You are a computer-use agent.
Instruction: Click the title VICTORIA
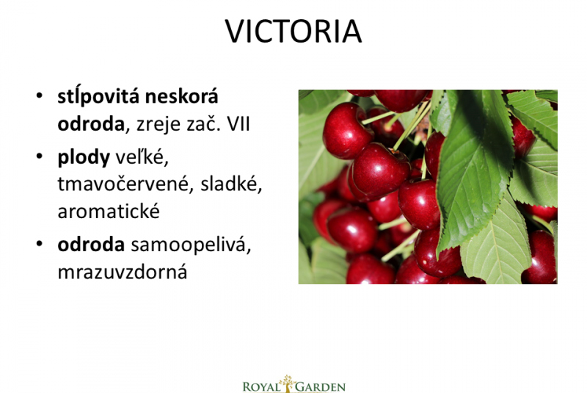click(x=293, y=32)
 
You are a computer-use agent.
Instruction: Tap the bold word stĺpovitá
click(x=98, y=97)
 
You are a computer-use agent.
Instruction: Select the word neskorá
click(x=181, y=96)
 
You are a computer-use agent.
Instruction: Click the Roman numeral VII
click(x=238, y=124)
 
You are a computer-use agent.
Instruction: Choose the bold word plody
click(x=84, y=158)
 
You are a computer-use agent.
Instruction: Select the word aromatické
click(x=109, y=212)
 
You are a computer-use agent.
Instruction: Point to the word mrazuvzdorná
click(x=123, y=272)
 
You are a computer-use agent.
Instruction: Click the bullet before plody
click(x=40, y=156)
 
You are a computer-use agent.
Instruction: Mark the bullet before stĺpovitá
click(x=40, y=95)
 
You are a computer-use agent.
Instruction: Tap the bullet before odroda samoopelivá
click(x=40, y=244)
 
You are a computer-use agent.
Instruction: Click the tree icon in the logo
click(x=288, y=383)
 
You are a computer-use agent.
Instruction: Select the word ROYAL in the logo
click(x=262, y=386)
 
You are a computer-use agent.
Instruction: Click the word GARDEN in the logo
click(x=321, y=386)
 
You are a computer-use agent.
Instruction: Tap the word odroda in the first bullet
click(x=90, y=124)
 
